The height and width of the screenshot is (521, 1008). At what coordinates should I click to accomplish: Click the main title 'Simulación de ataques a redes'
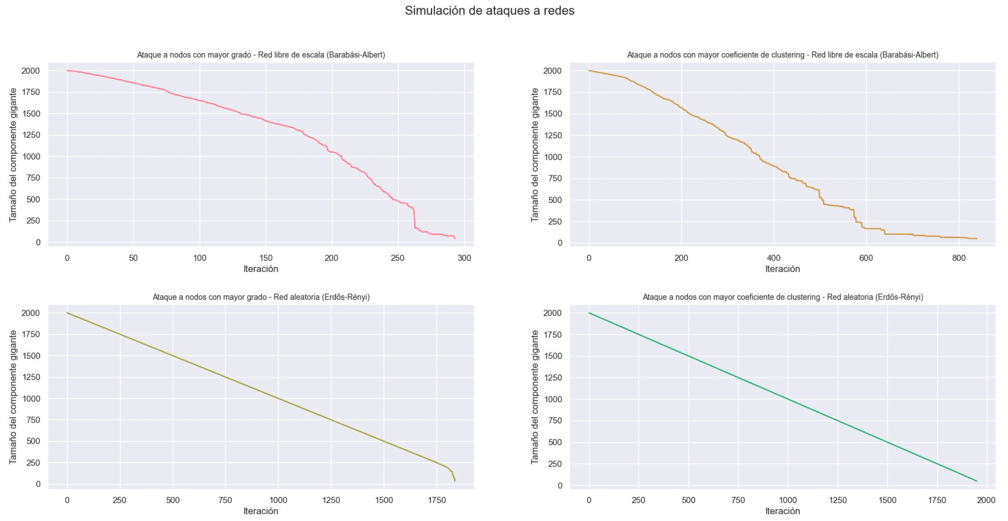tap(489, 11)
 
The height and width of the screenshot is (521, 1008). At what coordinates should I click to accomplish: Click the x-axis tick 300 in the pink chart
tap(464, 258)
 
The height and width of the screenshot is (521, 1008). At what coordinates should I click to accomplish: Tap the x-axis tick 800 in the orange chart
tap(959, 258)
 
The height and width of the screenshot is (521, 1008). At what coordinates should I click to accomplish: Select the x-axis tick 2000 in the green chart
tap(986, 500)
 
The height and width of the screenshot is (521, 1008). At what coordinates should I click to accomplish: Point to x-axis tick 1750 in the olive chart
tap(437, 500)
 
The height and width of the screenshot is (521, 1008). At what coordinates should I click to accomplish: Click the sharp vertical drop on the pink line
tap(415, 218)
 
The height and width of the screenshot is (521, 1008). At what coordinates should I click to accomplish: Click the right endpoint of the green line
tap(977, 481)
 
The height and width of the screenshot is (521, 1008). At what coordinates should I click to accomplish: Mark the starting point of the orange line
tap(589, 71)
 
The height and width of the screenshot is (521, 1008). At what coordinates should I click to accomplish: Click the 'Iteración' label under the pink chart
tap(261, 269)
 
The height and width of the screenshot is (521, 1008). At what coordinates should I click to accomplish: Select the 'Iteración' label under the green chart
tap(782, 511)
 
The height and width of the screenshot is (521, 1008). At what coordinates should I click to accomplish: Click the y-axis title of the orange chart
tap(535, 155)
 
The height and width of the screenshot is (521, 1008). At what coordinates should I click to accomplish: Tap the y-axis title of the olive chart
tap(13, 397)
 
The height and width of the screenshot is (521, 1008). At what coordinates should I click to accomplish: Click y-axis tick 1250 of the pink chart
tap(31, 135)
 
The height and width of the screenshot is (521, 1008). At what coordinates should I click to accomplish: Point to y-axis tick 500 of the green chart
tap(555, 442)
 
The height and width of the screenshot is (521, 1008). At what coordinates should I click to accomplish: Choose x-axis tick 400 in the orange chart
tap(773, 258)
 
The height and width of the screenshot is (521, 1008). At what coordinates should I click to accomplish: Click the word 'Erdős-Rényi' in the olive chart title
tap(345, 297)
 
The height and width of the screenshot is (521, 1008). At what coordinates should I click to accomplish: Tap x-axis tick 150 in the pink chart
tap(266, 258)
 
